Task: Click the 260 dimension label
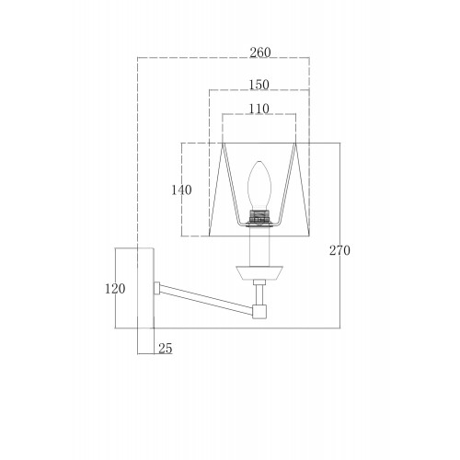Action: pos(260,52)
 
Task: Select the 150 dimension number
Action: pos(259,85)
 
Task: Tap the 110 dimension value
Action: pos(259,109)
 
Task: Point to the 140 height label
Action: pos(181,190)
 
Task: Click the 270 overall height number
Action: pos(339,250)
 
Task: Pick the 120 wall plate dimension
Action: pos(115,289)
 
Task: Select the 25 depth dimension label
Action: pos(166,349)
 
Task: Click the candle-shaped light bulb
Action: pos(259,185)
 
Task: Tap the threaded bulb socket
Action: pos(259,216)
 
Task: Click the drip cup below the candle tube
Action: pos(259,273)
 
